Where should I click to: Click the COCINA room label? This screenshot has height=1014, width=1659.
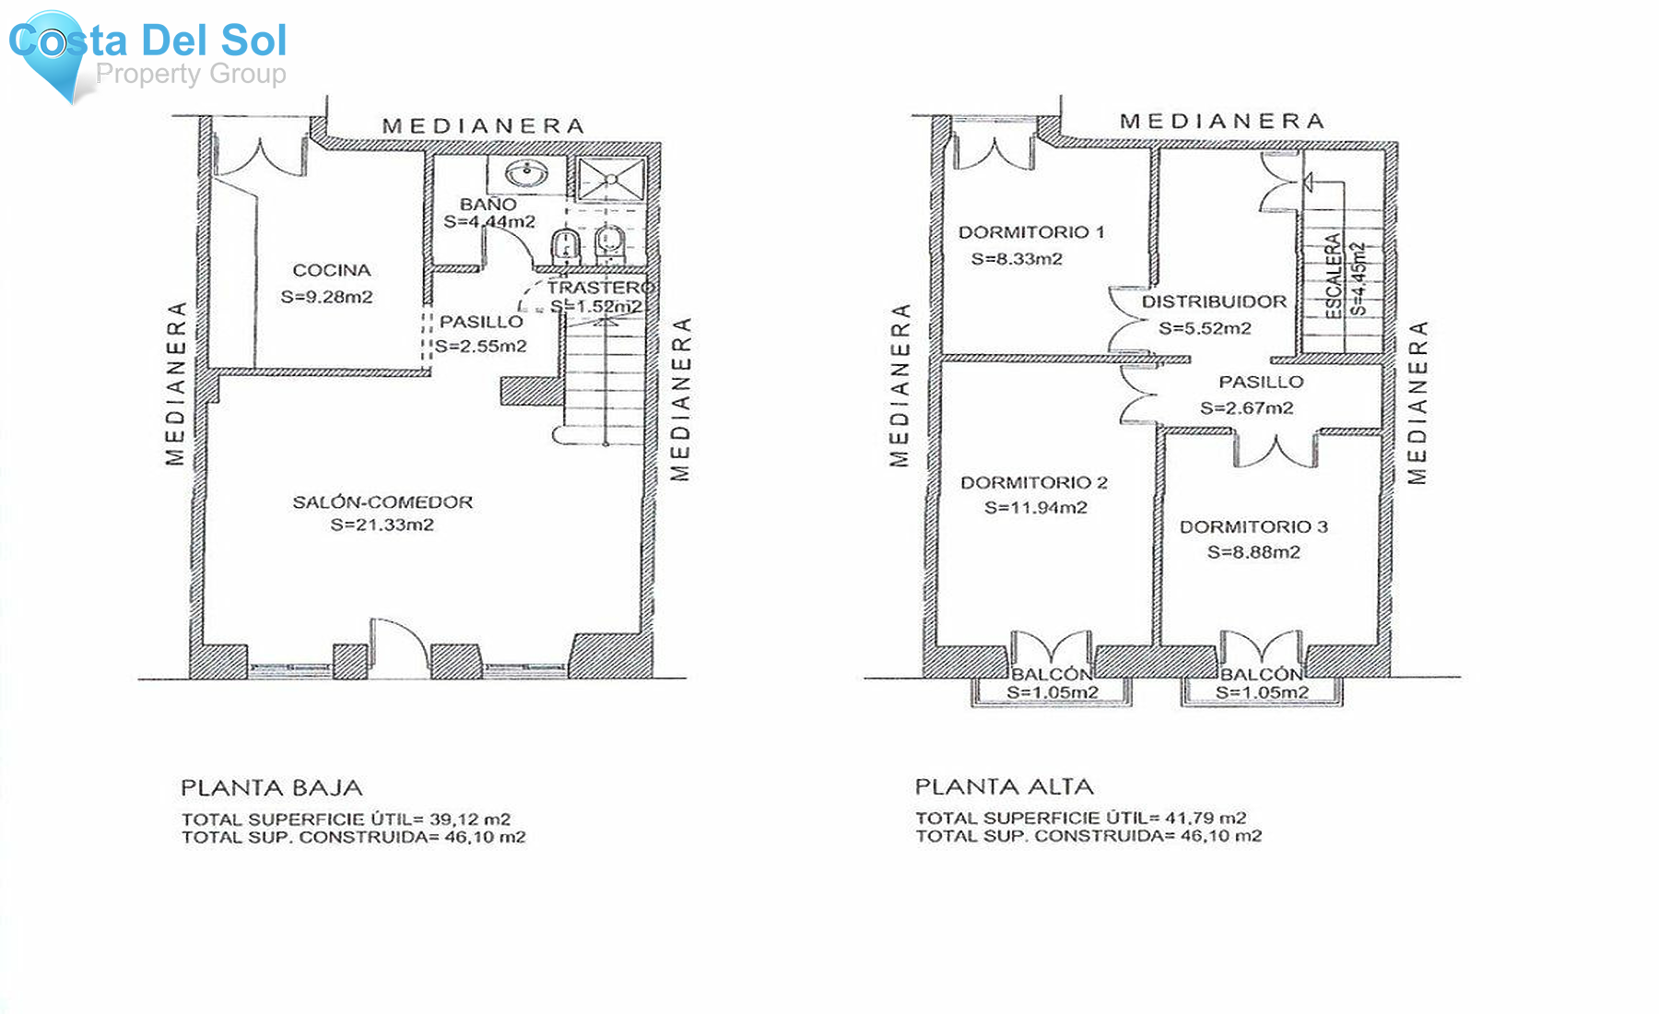click(332, 270)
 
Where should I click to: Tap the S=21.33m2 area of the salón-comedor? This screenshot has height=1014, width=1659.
click(382, 525)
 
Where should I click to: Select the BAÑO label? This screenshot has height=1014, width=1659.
click(488, 204)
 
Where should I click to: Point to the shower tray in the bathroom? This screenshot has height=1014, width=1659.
click(611, 178)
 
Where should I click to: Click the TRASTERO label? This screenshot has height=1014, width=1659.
click(600, 288)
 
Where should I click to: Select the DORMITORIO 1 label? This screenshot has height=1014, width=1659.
click(1031, 232)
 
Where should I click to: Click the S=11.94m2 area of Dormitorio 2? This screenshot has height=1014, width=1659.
click(1035, 507)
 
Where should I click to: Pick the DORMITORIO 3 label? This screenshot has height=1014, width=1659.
click(1253, 526)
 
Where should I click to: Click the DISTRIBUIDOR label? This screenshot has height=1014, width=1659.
click(1214, 301)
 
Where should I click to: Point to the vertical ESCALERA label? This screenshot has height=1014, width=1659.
click(1333, 276)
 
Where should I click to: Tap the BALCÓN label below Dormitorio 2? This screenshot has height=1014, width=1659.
click(1052, 675)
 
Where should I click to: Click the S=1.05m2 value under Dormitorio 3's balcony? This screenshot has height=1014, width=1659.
click(1262, 693)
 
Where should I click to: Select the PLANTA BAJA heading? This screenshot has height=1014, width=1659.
click(272, 788)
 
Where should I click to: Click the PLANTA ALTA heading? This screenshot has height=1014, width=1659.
click(1004, 786)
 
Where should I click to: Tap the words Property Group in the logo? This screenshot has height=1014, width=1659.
click(191, 74)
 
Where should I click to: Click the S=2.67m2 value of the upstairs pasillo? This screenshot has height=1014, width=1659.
click(1246, 407)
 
